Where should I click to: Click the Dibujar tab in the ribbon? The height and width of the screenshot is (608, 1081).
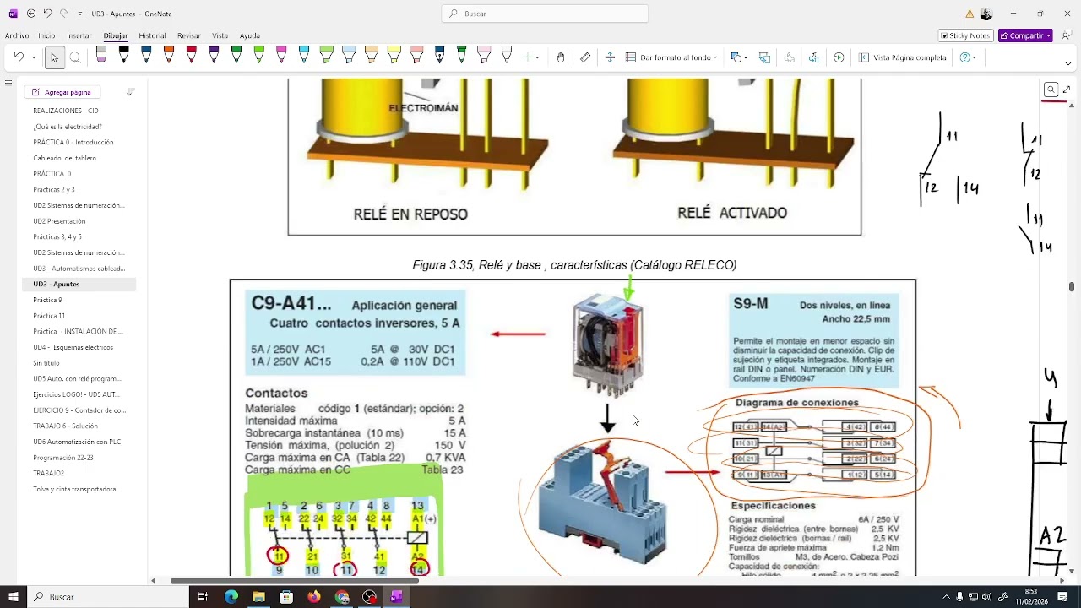115,35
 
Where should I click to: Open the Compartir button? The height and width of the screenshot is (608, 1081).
1024,35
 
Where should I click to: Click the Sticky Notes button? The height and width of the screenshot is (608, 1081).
964,35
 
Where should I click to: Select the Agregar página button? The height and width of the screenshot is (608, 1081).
67,92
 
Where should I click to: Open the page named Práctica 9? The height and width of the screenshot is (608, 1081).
47,300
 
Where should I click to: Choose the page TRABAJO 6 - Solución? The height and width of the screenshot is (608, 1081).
65,426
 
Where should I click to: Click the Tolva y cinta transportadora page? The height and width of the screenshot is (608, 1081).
74,489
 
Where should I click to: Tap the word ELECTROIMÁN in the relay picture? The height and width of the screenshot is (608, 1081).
423,108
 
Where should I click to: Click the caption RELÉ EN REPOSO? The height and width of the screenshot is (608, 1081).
410,214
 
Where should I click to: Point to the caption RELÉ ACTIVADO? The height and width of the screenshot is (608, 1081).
731,213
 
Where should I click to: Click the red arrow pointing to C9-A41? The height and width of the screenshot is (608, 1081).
519,334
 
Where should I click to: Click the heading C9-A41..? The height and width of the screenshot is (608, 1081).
291,304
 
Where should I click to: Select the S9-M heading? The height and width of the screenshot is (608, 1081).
750,304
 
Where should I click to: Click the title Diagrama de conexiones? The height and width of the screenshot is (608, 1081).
796,403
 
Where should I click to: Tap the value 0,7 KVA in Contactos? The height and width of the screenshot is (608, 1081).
445,458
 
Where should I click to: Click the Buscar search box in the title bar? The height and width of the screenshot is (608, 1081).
545,14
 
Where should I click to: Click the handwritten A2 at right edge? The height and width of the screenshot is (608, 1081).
1051,535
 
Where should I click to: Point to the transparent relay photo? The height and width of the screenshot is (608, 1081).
607,345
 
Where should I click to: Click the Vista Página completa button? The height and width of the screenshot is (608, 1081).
902,57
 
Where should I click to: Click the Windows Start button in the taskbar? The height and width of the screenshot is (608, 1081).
14,597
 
